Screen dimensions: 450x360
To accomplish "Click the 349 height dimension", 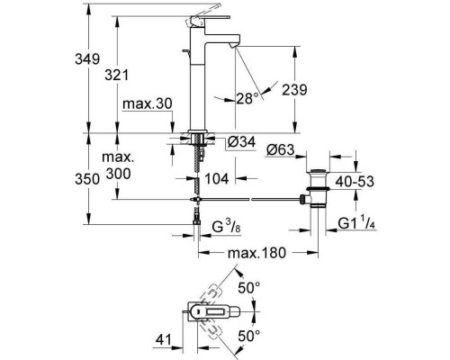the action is click(87, 59).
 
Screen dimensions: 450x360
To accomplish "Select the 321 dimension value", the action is click(116, 75).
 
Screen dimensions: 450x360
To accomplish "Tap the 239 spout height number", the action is click(294, 90).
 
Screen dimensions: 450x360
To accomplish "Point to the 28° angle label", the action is click(247, 98).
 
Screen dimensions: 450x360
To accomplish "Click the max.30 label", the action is click(148, 103).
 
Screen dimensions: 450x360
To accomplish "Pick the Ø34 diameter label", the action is click(241, 141).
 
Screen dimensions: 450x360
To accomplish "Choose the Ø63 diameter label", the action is click(281, 149).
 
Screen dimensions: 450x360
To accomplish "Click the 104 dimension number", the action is click(217, 179).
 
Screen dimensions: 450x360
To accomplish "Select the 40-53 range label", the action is click(355, 182).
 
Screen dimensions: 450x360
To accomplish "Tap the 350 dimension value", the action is click(87, 179).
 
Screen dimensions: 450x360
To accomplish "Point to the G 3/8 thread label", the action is click(226, 226).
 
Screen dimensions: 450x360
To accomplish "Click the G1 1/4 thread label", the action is click(357, 223).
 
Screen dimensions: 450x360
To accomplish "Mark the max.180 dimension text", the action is click(256, 253).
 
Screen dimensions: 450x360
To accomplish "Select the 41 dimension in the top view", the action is click(163, 340).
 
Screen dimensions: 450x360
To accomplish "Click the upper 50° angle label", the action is click(249, 288).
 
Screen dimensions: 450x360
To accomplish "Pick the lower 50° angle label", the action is click(249, 336).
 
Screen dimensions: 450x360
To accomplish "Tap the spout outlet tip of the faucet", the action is click(234, 45).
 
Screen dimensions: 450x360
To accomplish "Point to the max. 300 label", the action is click(118, 166).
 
